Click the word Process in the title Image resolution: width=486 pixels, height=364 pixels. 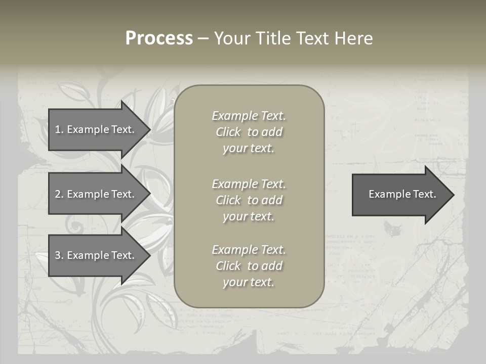point(159,38)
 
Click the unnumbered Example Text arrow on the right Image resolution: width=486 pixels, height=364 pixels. point(402,194)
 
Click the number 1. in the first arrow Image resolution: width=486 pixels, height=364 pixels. point(59,129)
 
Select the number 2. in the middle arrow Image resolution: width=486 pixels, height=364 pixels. point(59,194)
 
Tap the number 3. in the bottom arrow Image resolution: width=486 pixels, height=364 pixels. point(59,255)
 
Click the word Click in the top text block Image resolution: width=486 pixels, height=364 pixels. point(228,132)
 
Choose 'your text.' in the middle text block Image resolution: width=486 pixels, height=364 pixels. point(249,216)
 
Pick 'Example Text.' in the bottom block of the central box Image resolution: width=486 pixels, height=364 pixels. point(249,250)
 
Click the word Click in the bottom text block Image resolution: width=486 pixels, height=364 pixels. point(228,266)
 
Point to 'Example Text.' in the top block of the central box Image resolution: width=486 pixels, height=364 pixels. point(249,116)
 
